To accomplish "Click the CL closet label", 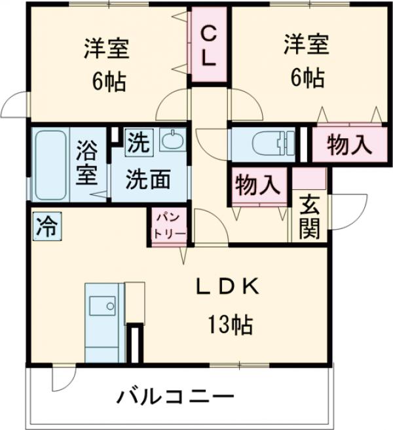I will coord(208,45).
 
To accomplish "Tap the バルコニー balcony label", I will coord(176,396).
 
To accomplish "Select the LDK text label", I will coord(231,286).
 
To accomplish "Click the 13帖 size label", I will coord(231,323).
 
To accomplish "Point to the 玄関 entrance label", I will coord(310,218).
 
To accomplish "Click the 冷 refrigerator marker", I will coord(46,226).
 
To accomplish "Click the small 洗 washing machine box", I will coord(138,141).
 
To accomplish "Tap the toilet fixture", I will coord(269,143).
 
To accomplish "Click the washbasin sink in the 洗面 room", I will coord(174,140).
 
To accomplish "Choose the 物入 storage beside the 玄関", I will coord(258,185).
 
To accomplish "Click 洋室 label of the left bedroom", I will coord(105,48).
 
